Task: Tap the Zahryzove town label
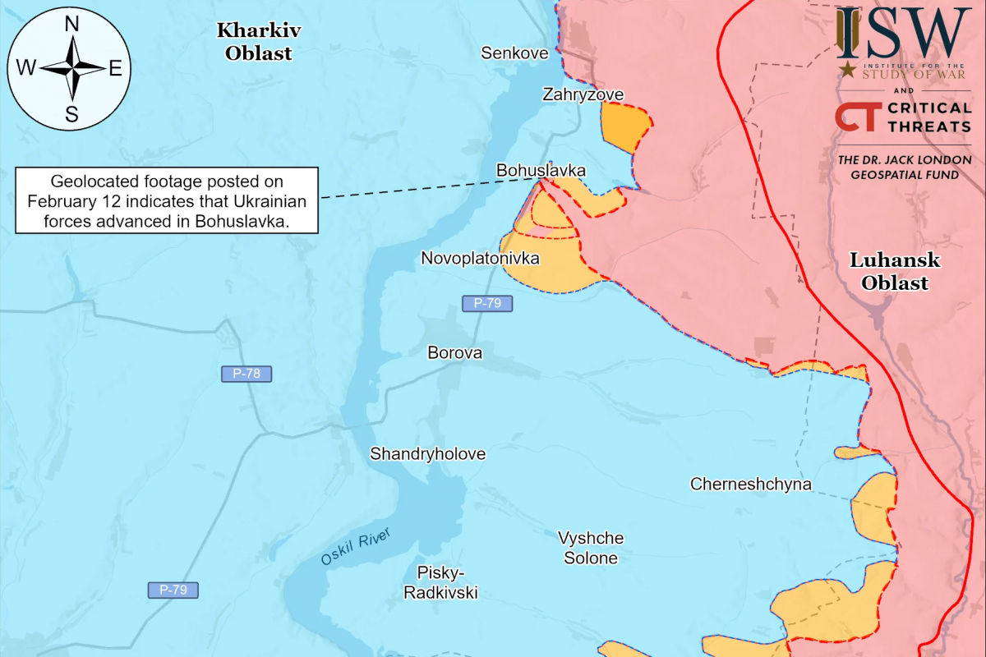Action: tap(583, 94)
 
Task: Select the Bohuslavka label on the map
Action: tap(541, 170)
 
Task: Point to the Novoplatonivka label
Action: tap(480, 259)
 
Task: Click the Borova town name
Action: tap(454, 353)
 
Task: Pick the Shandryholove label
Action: tap(427, 454)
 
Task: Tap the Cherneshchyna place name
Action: tap(750, 484)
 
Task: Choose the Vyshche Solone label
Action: tap(591, 549)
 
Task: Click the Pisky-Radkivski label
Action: tap(440, 582)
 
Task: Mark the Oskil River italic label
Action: tap(354, 547)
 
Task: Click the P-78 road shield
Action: tap(246, 374)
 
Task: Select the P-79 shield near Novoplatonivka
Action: tap(487, 303)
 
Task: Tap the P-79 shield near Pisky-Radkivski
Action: tap(173, 590)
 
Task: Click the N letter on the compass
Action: tap(71, 25)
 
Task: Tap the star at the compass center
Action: tap(72, 69)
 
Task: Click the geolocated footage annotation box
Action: tap(168, 200)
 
